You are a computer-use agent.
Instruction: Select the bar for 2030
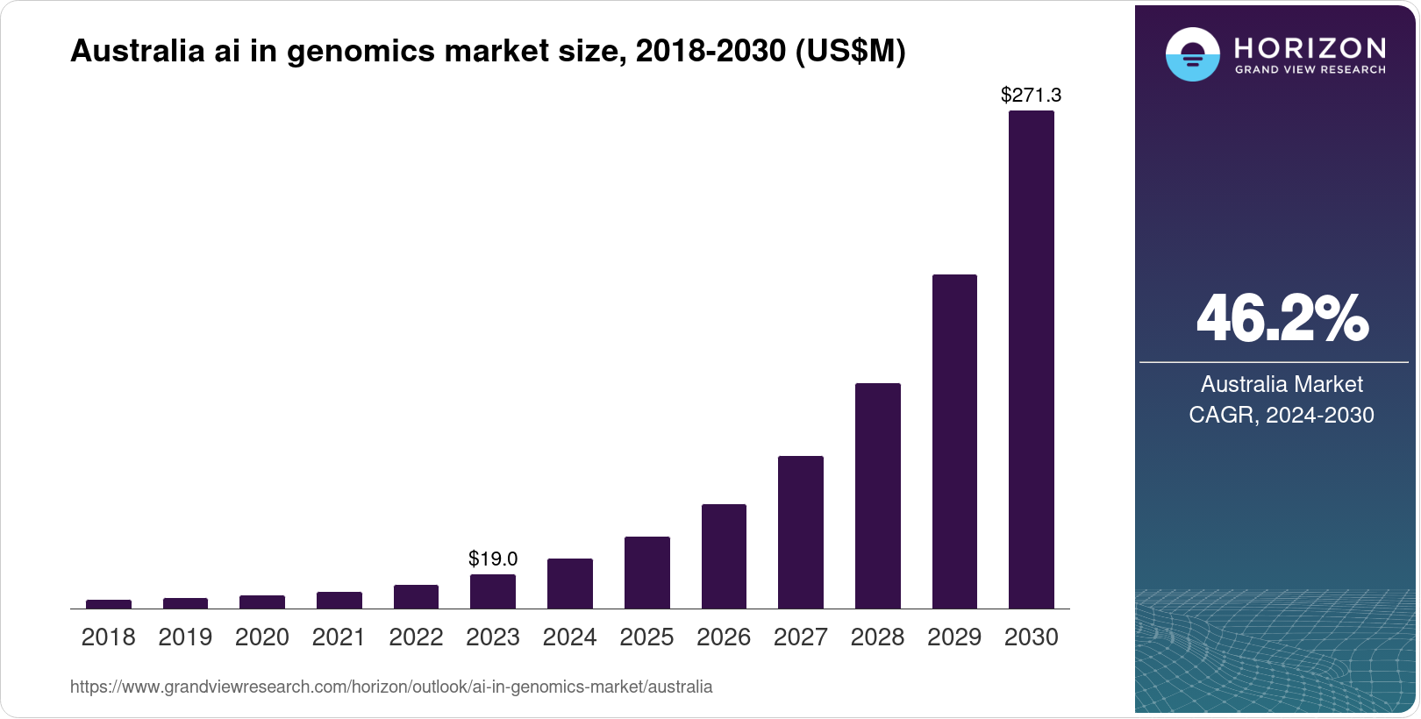[x=1031, y=359]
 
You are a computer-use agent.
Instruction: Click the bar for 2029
[x=954, y=442]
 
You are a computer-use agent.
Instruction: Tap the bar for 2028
[x=877, y=496]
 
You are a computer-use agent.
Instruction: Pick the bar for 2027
[x=800, y=532]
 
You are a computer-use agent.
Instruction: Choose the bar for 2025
[x=646, y=573]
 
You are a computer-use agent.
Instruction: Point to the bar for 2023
[x=493, y=592]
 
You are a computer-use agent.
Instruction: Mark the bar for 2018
[x=109, y=604]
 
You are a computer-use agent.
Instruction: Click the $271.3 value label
[x=1031, y=95]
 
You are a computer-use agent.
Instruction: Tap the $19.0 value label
[x=493, y=559]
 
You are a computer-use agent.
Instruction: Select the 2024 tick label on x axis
[x=569, y=637]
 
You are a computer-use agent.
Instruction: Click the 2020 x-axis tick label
[x=262, y=637]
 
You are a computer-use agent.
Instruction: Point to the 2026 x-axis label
[x=724, y=637]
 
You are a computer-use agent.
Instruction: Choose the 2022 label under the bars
[x=416, y=637]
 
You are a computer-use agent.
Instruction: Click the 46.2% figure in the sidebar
[x=1282, y=318]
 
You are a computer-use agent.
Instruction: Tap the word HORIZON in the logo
[x=1310, y=47]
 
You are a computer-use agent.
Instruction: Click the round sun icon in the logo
[x=1192, y=54]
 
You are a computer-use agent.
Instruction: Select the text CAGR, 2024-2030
[x=1282, y=415]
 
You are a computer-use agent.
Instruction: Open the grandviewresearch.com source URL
[x=391, y=687]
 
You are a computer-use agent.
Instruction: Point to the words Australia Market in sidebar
[x=1282, y=384]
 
